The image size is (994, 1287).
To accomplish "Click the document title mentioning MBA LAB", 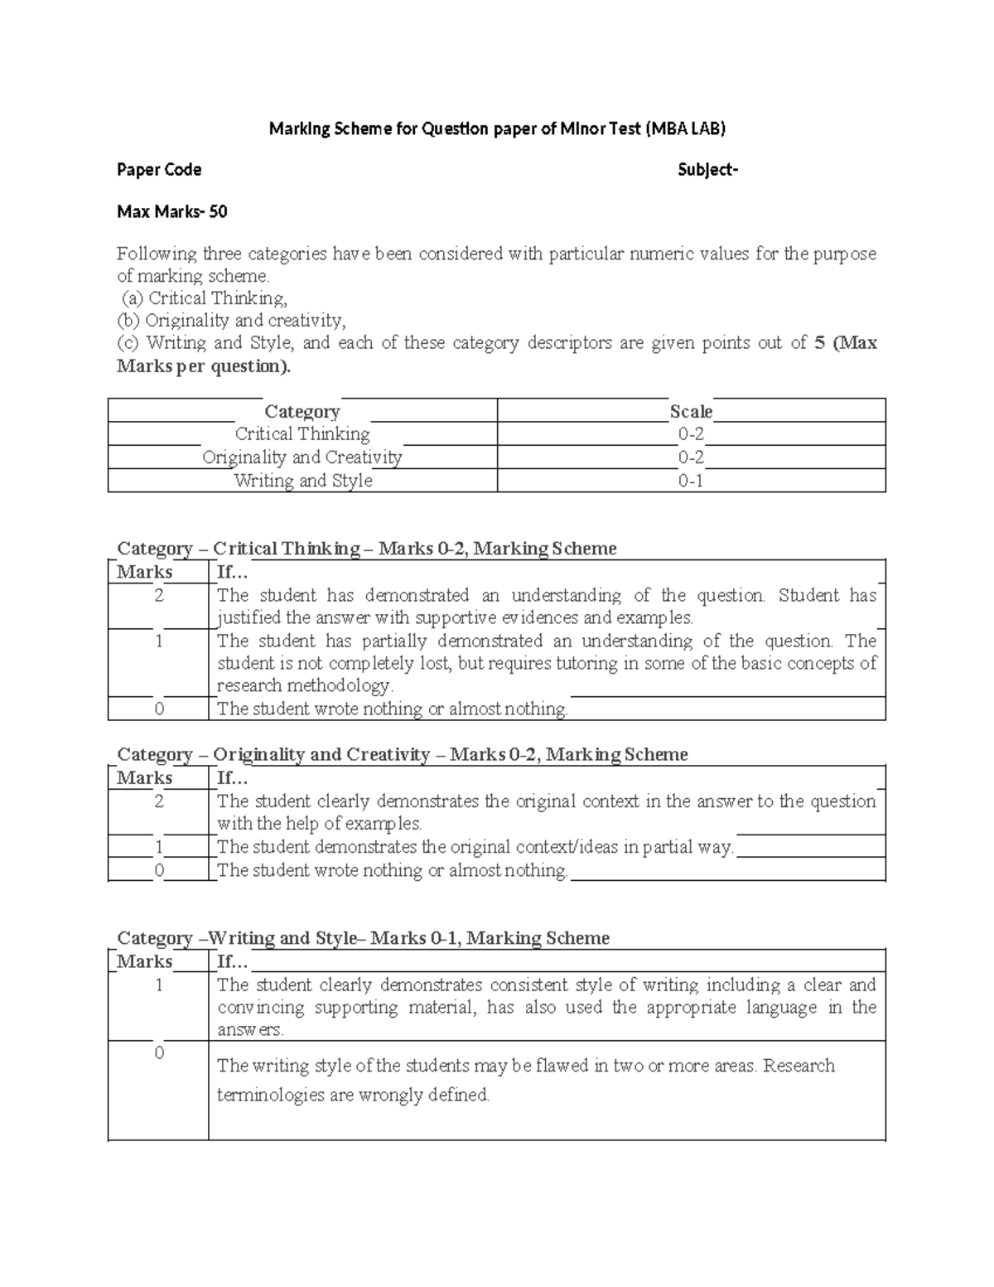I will pyautogui.click(x=496, y=128).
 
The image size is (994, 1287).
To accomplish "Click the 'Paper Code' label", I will pyautogui.click(x=159, y=170).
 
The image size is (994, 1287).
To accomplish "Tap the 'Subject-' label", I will pyautogui.click(x=707, y=170).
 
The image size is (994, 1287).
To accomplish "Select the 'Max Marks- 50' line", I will pyautogui.click(x=172, y=212).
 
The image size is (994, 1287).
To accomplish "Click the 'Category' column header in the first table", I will pyautogui.click(x=302, y=412).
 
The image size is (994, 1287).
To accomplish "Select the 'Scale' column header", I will pyautogui.click(x=691, y=412).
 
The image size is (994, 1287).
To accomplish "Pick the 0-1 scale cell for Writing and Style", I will pyautogui.click(x=691, y=481).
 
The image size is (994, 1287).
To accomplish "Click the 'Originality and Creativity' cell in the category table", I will pyautogui.click(x=302, y=457).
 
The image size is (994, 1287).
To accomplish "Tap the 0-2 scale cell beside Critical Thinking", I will pyautogui.click(x=691, y=434).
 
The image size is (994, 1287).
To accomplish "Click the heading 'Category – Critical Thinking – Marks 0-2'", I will pyautogui.click(x=367, y=549).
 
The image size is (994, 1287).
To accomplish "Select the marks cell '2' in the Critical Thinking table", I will pyautogui.click(x=159, y=596).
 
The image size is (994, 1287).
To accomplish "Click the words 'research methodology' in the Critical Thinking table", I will pyautogui.click(x=303, y=686).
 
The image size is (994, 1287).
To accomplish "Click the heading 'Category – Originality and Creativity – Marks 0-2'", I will pyautogui.click(x=403, y=754).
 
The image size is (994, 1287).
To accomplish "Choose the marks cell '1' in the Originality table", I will pyautogui.click(x=159, y=847).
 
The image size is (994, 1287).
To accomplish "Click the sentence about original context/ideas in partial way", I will pyautogui.click(x=475, y=847).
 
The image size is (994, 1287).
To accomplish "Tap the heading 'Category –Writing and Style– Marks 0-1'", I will pyautogui.click(x=364, y=938).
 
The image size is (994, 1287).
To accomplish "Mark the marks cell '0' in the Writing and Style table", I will pyautogui.click(x=159, y=1053).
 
